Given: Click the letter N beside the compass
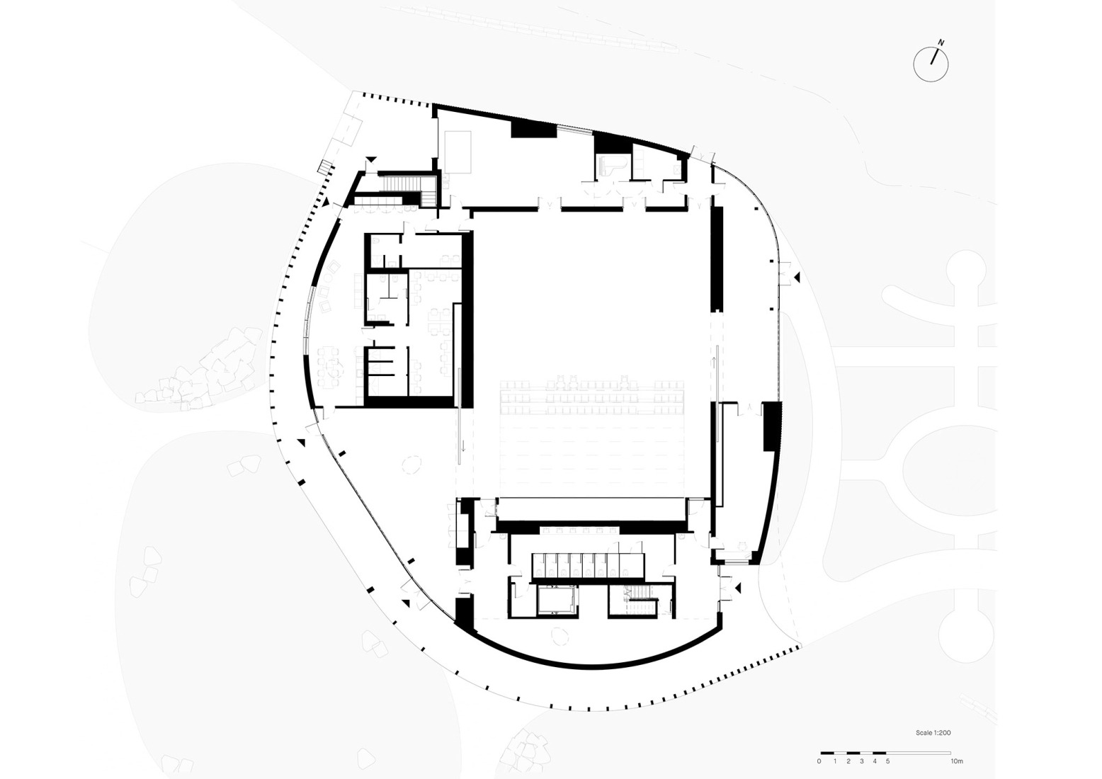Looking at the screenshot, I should tap(941, 42).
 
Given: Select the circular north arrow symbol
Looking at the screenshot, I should tap(930, 64).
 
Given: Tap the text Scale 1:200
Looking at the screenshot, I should tap(933, 733).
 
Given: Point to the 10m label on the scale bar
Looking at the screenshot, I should tap(956, 761).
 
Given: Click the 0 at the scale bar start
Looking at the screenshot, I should tap(819, 761).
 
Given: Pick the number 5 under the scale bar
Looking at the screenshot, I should tap(887, 761).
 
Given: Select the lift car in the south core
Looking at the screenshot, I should tap(557, 601).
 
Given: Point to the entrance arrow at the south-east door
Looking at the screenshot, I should tap(738, 587).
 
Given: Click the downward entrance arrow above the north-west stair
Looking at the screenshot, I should tap(370, 159).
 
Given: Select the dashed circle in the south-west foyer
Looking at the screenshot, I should tap(411, 465).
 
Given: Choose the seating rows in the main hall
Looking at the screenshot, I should tap(592, 398).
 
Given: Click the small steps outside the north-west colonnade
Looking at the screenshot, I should tap(325, 168).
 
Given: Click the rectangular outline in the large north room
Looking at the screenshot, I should tap(458, 150).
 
